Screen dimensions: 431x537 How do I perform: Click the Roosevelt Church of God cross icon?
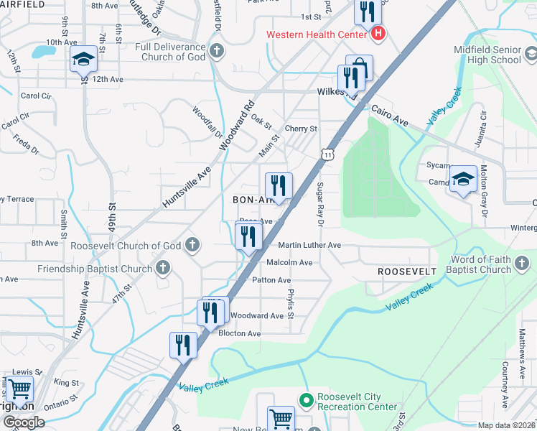pyautogui.click(x=192, y=246)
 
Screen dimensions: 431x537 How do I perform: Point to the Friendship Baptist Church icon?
pyautogui.click(x=163, y=269)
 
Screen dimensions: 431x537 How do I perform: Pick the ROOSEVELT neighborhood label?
pyautogui.click(x=407, y=272)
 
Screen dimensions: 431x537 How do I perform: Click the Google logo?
pyautogui.click(x=23, y=422)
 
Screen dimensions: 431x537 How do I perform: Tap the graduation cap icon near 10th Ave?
pyautogui.click(x=83, y=60)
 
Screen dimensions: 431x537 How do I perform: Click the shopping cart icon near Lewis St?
pyautogui.click(x=19, y=389)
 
